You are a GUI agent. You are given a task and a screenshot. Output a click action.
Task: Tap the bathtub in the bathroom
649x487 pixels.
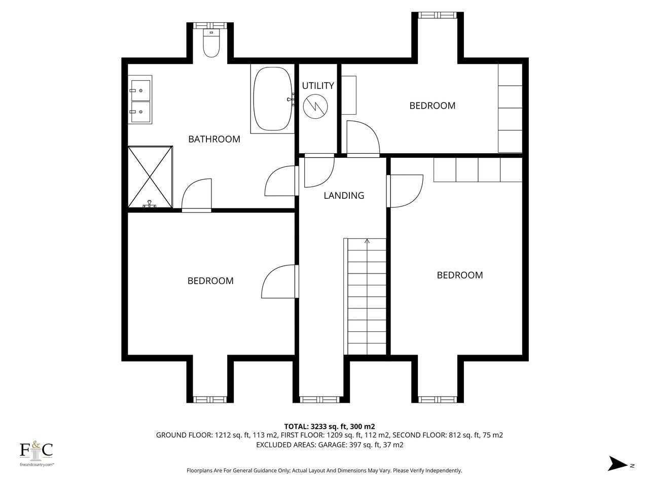point(272,99)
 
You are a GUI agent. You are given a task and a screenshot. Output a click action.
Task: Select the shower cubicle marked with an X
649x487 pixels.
point(150,177)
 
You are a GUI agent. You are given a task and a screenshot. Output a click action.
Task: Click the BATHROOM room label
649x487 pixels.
point(214,139)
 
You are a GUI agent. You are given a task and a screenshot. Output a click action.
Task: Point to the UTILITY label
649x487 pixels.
point(318,86)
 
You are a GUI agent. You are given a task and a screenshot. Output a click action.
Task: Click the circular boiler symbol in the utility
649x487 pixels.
point(315,107)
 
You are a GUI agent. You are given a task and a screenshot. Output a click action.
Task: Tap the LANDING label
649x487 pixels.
point(344,195)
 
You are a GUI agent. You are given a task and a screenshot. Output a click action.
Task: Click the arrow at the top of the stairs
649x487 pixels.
point(367,241)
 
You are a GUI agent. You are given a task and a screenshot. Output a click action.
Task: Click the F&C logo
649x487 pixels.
point(36,450)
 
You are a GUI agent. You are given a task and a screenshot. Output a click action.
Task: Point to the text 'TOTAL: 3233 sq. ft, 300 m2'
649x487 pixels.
point(330,427)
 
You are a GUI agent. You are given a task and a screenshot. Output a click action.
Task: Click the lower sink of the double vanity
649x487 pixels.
point(140,112)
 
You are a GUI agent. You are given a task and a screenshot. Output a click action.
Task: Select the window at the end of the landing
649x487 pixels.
point(320,399)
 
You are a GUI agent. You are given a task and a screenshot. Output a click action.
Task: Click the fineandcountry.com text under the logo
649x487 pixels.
point(37,465)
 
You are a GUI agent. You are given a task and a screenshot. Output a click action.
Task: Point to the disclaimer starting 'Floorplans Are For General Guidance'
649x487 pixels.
point(324,470)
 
